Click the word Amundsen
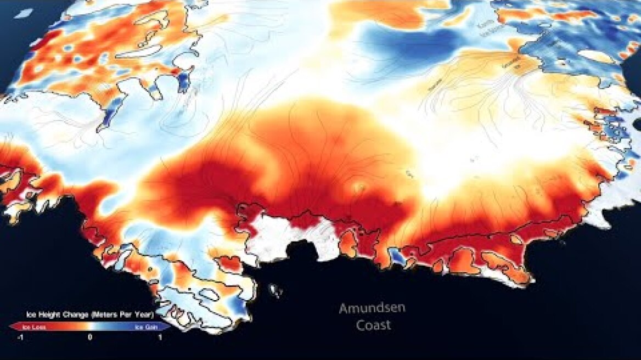point(372,308)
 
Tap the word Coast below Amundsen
point(373,325)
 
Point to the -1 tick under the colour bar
point(20,337)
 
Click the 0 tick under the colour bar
point(90,337)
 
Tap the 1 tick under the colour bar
point(160,337)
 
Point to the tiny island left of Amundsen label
point(275,290)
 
